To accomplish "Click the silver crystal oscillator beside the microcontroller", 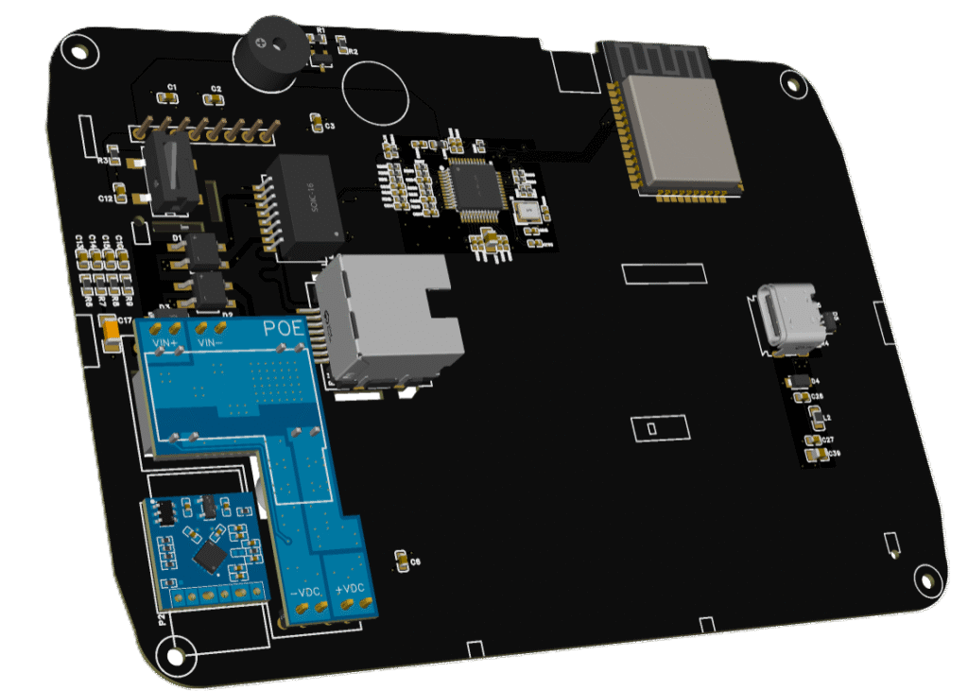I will pyautogui.click(x=527, y=210).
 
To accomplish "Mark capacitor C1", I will pyautogui.click(x=171, y=98).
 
